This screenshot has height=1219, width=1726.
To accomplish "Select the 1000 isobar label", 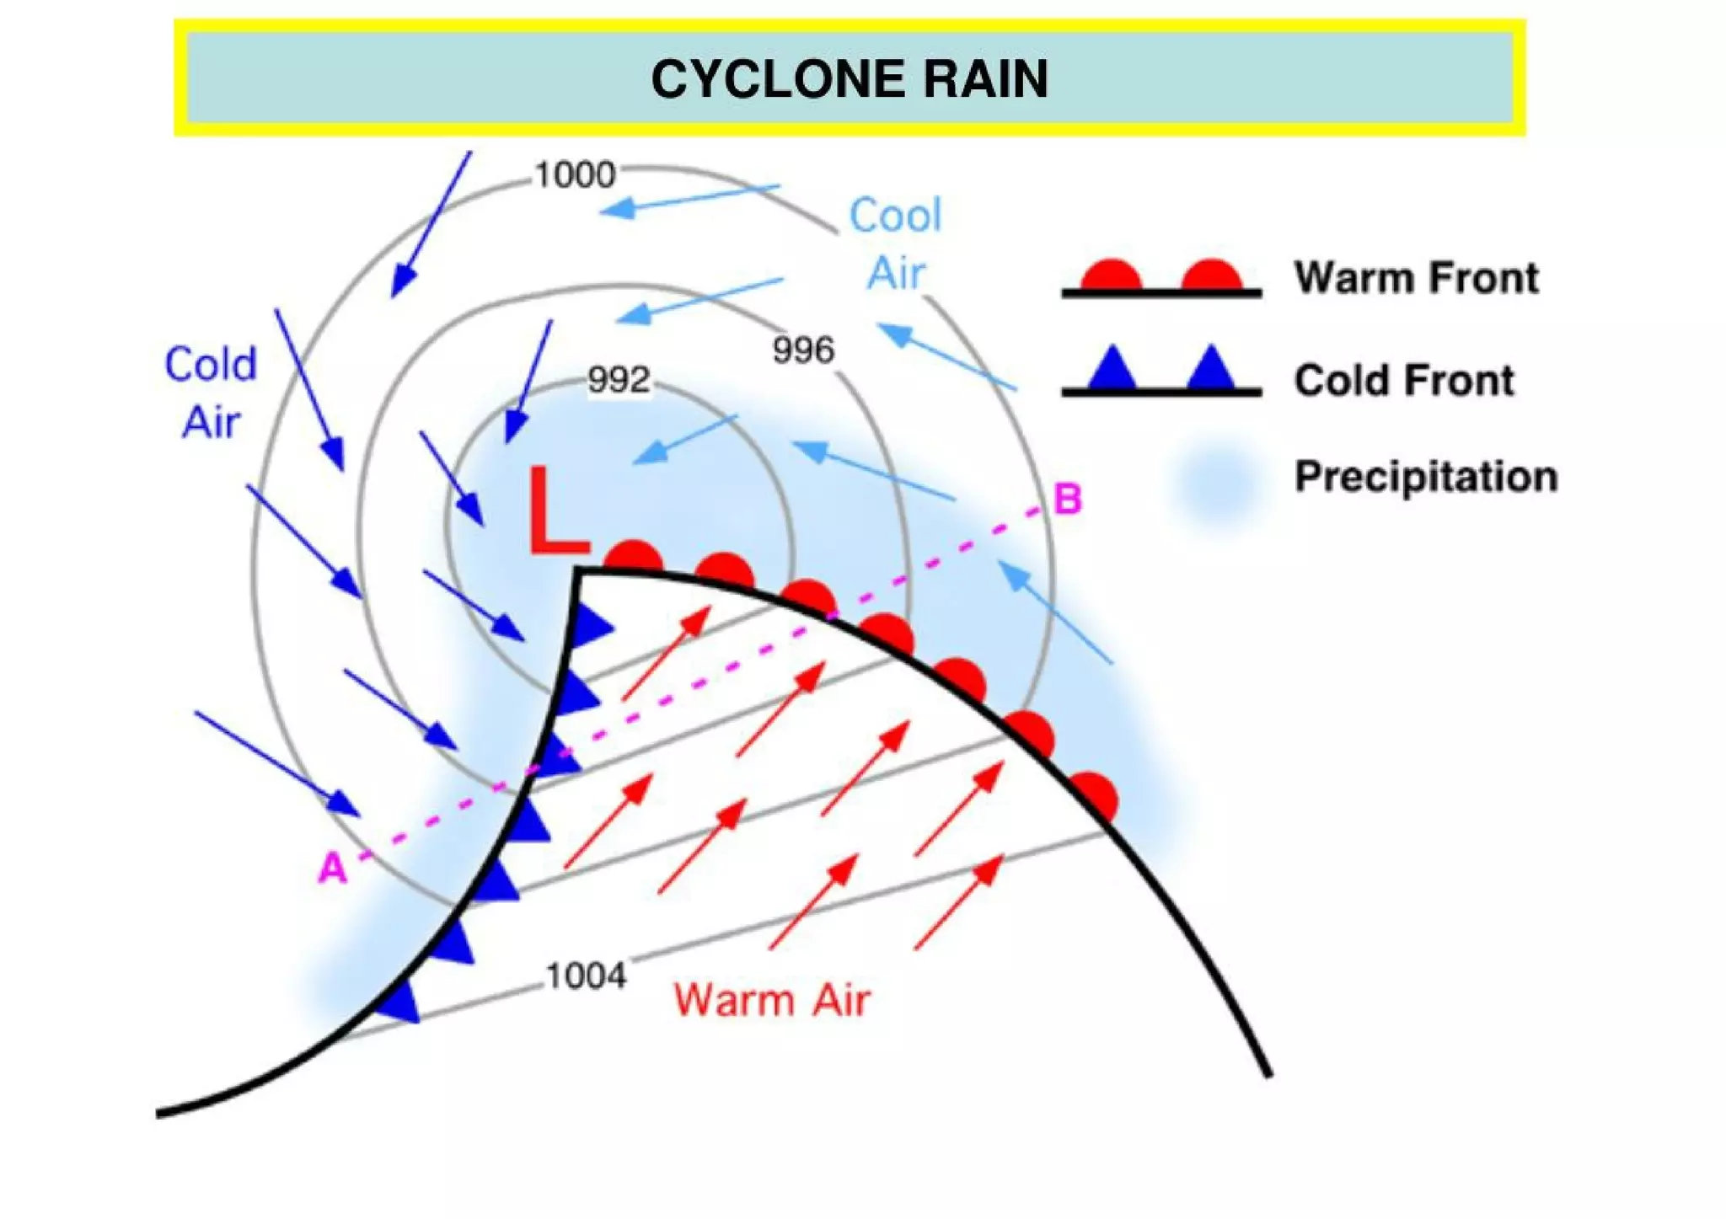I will tap(576, 175).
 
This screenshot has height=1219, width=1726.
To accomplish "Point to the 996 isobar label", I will tap(803, 350).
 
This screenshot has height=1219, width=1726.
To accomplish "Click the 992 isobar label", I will tap(619, 380).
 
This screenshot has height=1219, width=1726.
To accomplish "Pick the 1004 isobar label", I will tap(586, 976).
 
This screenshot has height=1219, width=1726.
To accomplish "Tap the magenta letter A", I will tap(332, 868).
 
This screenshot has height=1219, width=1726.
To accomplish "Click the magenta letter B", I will tap(1068, 499).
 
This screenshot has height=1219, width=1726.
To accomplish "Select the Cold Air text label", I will tap(211, 393).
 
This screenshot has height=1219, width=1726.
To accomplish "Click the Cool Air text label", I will tap(895, 244).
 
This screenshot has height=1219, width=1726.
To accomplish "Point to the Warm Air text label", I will tap(771, 1001).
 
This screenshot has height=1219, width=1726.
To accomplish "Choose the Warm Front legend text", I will tap(1416, 278).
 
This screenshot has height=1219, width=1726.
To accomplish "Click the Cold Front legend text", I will tap(1404, 380).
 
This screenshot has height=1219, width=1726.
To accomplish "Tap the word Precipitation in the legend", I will tap(1426, 477).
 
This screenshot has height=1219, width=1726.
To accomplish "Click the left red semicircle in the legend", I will tap(1112, 276).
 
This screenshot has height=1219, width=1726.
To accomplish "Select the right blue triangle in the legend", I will tap(1211, 369).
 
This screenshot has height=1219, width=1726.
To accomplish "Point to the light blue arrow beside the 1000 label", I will tap(689, 199).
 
